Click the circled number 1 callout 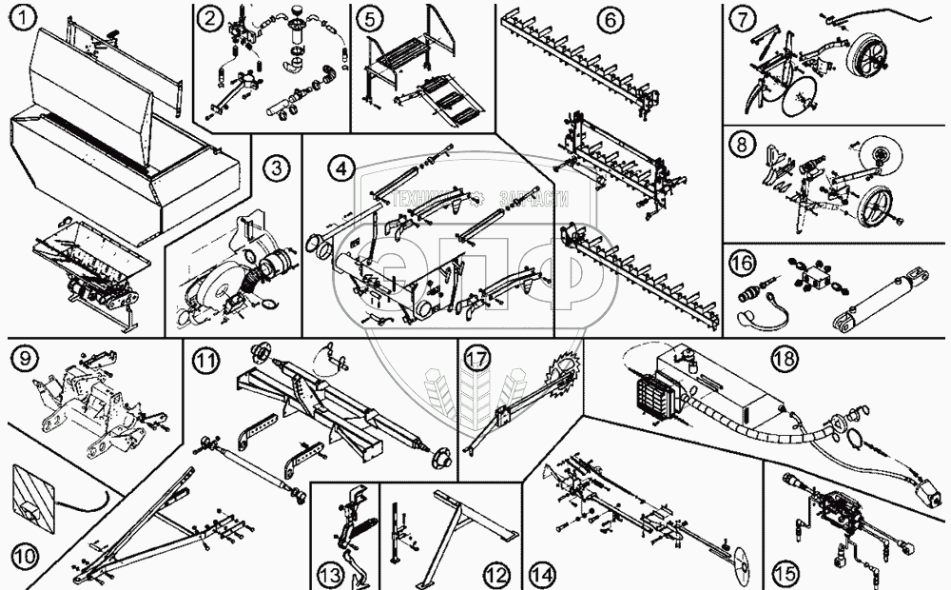[x=18, y=15]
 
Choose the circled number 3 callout [x=274, y=168]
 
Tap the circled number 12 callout [x=495, y=575]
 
